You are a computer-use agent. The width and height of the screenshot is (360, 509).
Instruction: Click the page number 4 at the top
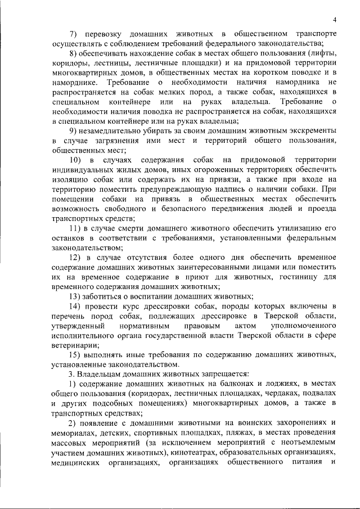[x=334, y=19]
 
